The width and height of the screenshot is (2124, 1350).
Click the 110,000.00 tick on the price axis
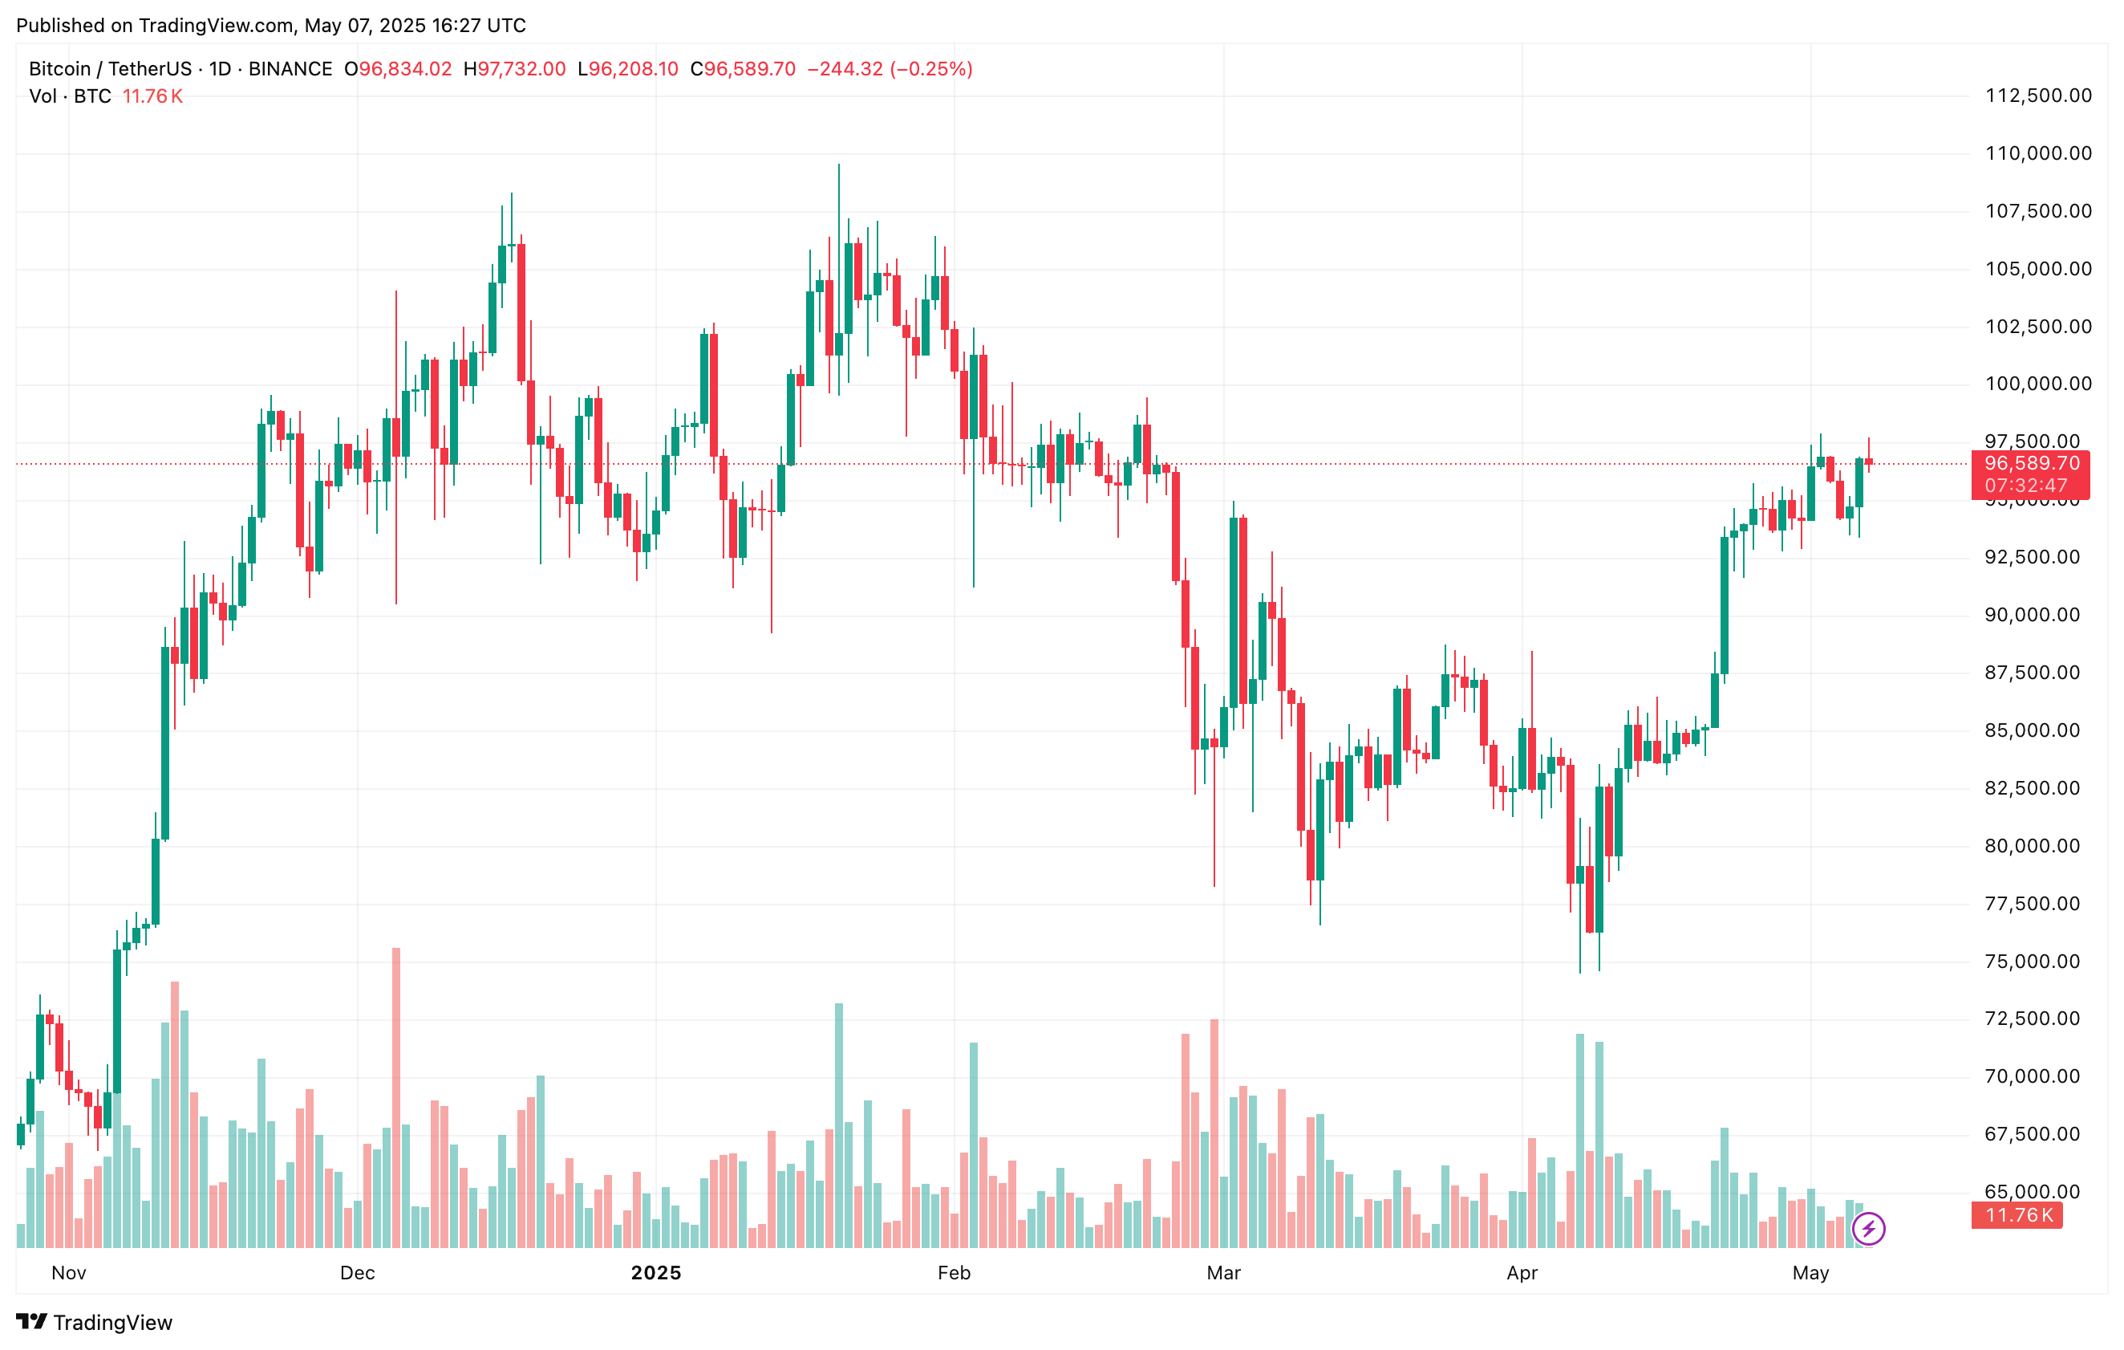pos(2037,153)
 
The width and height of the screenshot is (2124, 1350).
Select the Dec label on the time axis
pos(357,1273)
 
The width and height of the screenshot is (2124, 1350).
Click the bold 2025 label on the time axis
pos(655,1273)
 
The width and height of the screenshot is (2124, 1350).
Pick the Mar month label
pos(1223,1273)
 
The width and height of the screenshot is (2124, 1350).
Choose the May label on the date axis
pos(1810,1273)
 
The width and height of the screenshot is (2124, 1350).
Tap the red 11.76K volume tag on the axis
pos(2018,1216)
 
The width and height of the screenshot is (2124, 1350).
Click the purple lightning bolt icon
pos(1868,1228)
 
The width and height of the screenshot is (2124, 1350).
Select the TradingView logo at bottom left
pos(95,1323)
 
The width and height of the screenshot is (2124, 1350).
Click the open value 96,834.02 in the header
pos(405,69)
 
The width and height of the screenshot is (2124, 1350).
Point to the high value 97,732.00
pos(521,69)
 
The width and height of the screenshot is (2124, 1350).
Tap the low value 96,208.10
pos(634,69)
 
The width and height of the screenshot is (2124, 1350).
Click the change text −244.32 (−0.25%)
pos(889,69)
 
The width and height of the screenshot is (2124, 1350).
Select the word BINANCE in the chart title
pos(290,69)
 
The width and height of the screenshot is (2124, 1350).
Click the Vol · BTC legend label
pos(71,96)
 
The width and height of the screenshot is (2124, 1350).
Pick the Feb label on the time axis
pos(954,1273)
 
